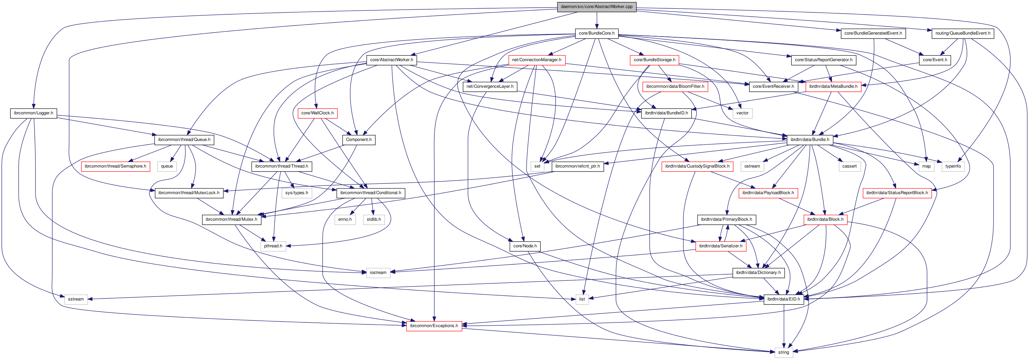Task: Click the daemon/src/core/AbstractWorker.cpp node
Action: tap(596, 6)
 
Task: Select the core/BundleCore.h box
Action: tap(596, 33)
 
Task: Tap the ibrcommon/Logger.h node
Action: tap(33, 113)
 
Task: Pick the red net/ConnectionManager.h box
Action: tap(536, 60)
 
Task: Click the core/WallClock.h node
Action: tap(317, 113)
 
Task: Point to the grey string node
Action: tap(783, 352)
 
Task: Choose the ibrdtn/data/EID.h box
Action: tap(783, 299)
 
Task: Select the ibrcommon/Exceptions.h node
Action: tap(434, 326)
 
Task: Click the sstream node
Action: tap(76, 299)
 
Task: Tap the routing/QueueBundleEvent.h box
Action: tap(962, 33)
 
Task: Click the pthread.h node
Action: tap(273, 246)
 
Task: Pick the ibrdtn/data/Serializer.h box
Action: tap(721, 246)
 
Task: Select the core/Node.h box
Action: tap(525, 246)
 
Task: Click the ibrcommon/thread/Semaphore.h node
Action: tap(115, 166)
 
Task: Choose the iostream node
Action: tap(378, 273)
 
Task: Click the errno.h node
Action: tap(345, 219)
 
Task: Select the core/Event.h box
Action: tap(935, 60)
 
